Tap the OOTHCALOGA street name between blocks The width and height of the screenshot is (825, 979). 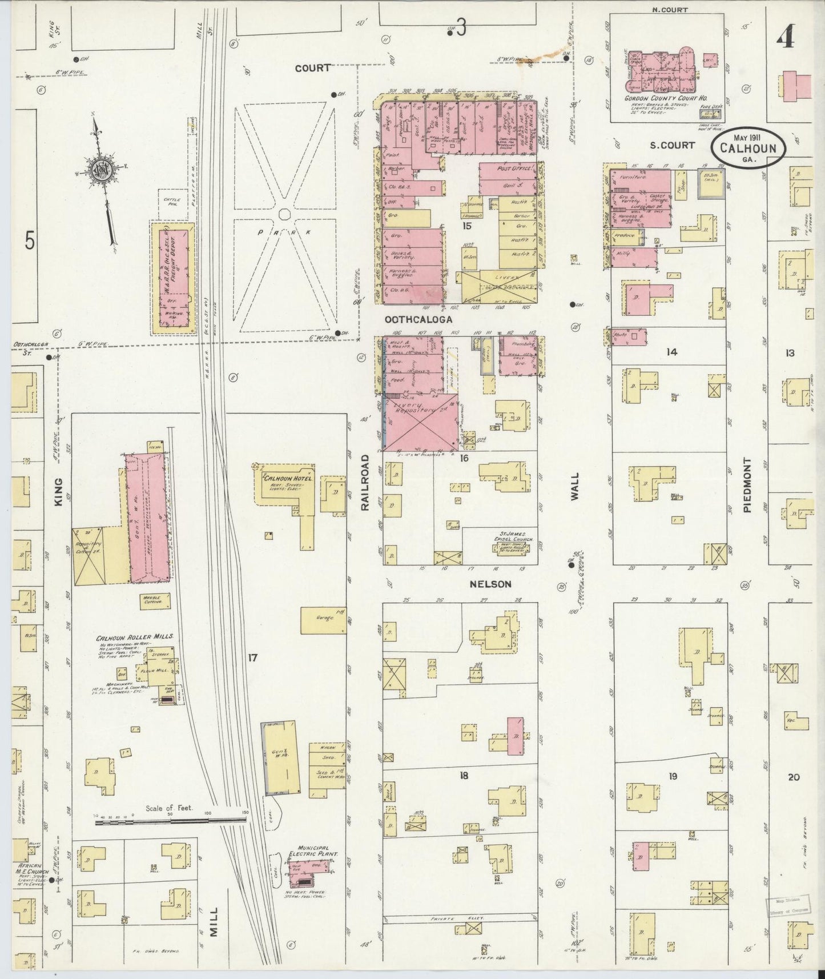tap(418, 320)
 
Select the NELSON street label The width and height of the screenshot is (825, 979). tap(490, 584)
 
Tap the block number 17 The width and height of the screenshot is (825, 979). tap(252, 658)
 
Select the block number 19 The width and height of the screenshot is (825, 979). tap(673, 776)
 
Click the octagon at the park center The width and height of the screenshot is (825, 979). tap(284, 214)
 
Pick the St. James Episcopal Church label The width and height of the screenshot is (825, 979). tap(510, 538)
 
